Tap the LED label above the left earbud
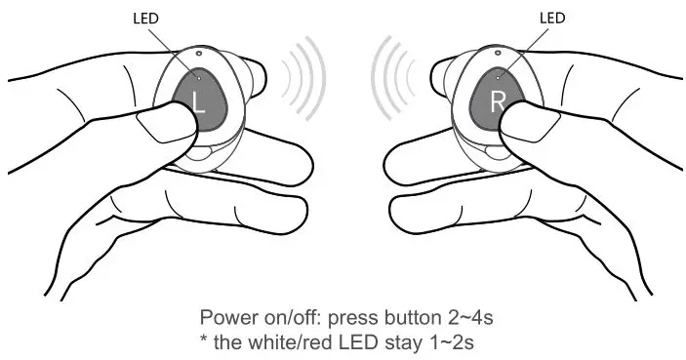click(x=144, y=16)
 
